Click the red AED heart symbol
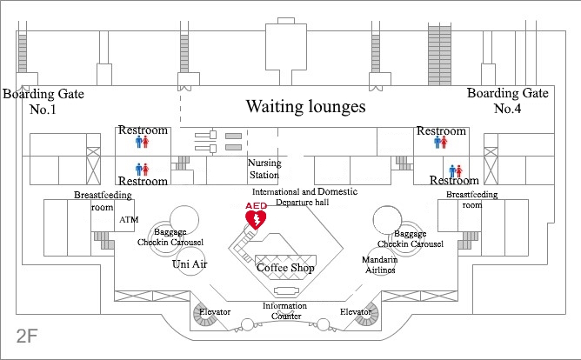pyautogui.click(x=257, y=220)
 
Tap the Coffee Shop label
pyautogui.click(x=285, y=268)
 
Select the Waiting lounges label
pyautogui.click(x=305, y=107)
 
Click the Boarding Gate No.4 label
pyautogui.click(x=508, y=101)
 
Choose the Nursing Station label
pyautogui.click(x=264, y=169)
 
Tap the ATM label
pyautogui.click(x=129, y=219)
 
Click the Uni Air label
pyautogui.click(x=190, y=263)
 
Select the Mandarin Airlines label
pyautogui.click(x=380, y=265)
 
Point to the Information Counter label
pyautogui.click(x=285, y=310)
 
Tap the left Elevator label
pyautogui.click(x=214, y=310)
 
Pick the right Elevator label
pyautogui.click(x=356, y=310)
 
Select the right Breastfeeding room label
pyautogui.click(x=472, y=200)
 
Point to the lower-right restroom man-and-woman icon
pyautogui.click(x=456, y=170)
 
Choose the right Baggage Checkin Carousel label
pyautogui.click(x=411, y=238)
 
